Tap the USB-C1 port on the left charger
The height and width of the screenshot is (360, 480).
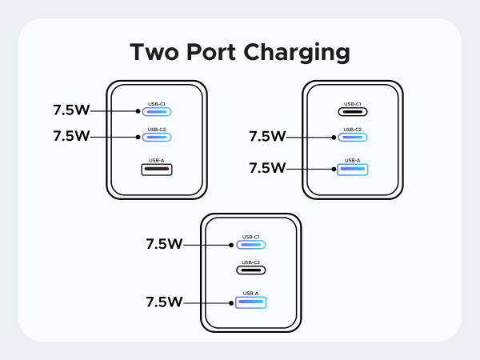point(158,111)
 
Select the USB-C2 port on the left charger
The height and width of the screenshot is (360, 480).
point(158,137)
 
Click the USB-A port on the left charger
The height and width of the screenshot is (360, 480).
point(158,169)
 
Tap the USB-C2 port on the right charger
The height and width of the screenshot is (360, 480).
point(353,137)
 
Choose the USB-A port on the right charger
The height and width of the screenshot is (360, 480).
point(353,169)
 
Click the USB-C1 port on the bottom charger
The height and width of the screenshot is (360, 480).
point(251,245)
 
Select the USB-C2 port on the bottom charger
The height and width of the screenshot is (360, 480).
point(251,270)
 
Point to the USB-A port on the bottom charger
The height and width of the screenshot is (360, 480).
point(251,302)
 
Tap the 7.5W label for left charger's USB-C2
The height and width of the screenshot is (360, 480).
point(71,136)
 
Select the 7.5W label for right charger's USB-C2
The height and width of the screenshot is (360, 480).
point(267,137)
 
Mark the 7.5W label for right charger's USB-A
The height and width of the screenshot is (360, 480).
point(267,168)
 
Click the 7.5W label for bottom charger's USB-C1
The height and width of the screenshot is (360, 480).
point(165,244)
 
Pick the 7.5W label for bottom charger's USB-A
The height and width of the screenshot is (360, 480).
point(165,302)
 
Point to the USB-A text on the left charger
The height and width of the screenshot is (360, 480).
point(158,160)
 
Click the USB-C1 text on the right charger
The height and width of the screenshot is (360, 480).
point(353,103)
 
